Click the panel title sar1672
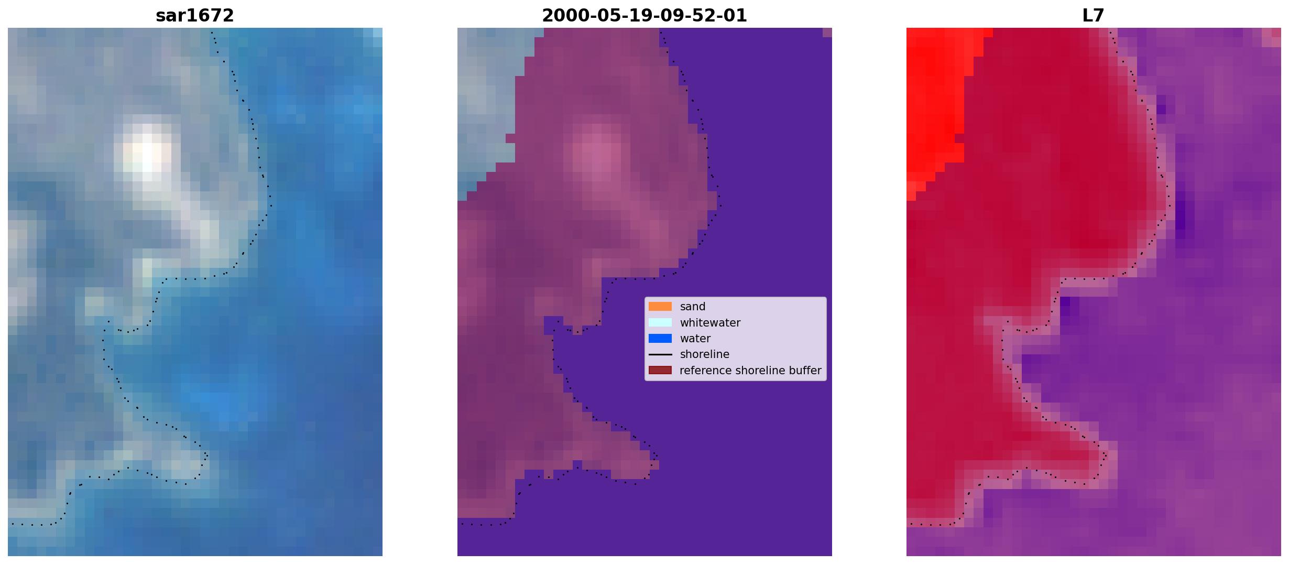[x=195, y=15]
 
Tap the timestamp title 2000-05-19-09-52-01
[x=644, y=15]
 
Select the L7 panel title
[x=1094, y=15]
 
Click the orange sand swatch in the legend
[x=660, y=307]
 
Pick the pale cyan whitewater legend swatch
[x=660, y=322]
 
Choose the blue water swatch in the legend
[x=660, y=339]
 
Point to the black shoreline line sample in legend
[x=660, y=354]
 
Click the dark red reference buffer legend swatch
[x=660, y=371]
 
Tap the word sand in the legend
[x=693, y=307]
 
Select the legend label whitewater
[x=710, y=322]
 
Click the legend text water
[x=695, y=339]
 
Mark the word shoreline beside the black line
[x=705, y=354]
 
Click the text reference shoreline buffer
[x=750, y=371]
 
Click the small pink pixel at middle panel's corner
[x=827, y=32]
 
